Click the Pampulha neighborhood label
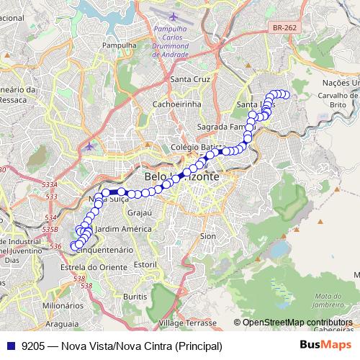[120, 45]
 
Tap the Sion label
[208, 235]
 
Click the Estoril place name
[145, 264]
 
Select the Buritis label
[135, 296]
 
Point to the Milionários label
[58, 305]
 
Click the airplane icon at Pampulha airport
[174, 16]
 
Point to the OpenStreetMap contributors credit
[297, 322]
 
